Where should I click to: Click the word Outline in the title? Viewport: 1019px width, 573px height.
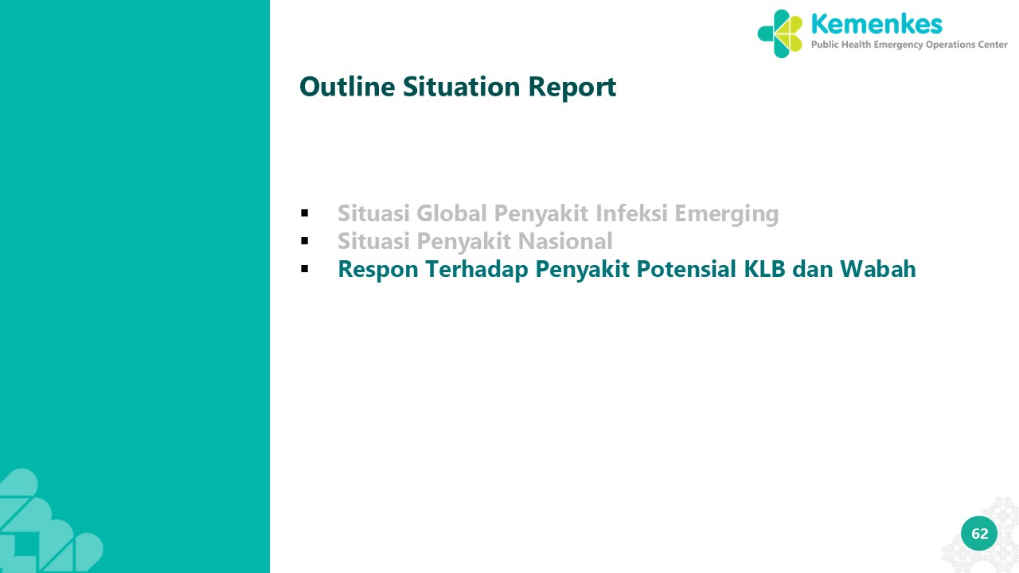coord(347,87)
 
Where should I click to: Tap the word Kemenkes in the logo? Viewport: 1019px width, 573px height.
coord(876,24)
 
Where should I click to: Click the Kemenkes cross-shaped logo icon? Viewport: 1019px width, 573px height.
coord(779,33)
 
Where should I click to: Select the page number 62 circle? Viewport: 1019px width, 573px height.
coord(979,533)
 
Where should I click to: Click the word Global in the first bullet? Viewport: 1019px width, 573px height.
coord(451,212)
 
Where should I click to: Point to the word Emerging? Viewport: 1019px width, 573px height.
coord(727,214)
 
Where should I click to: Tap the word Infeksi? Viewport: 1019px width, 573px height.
coord(631,212)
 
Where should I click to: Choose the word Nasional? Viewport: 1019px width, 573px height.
coord(565,241)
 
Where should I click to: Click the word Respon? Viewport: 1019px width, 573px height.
coord(378,270)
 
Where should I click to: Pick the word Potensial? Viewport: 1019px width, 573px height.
coord(686,268)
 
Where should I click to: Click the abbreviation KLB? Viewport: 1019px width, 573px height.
coord(764,269)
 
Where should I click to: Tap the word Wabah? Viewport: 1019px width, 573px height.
coord(877,268)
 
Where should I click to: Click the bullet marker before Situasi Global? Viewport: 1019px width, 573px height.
coord(304,212)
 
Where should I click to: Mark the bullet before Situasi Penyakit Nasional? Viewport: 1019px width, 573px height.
coord(304,241)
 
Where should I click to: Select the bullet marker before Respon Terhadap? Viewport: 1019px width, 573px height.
coord(304,269)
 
